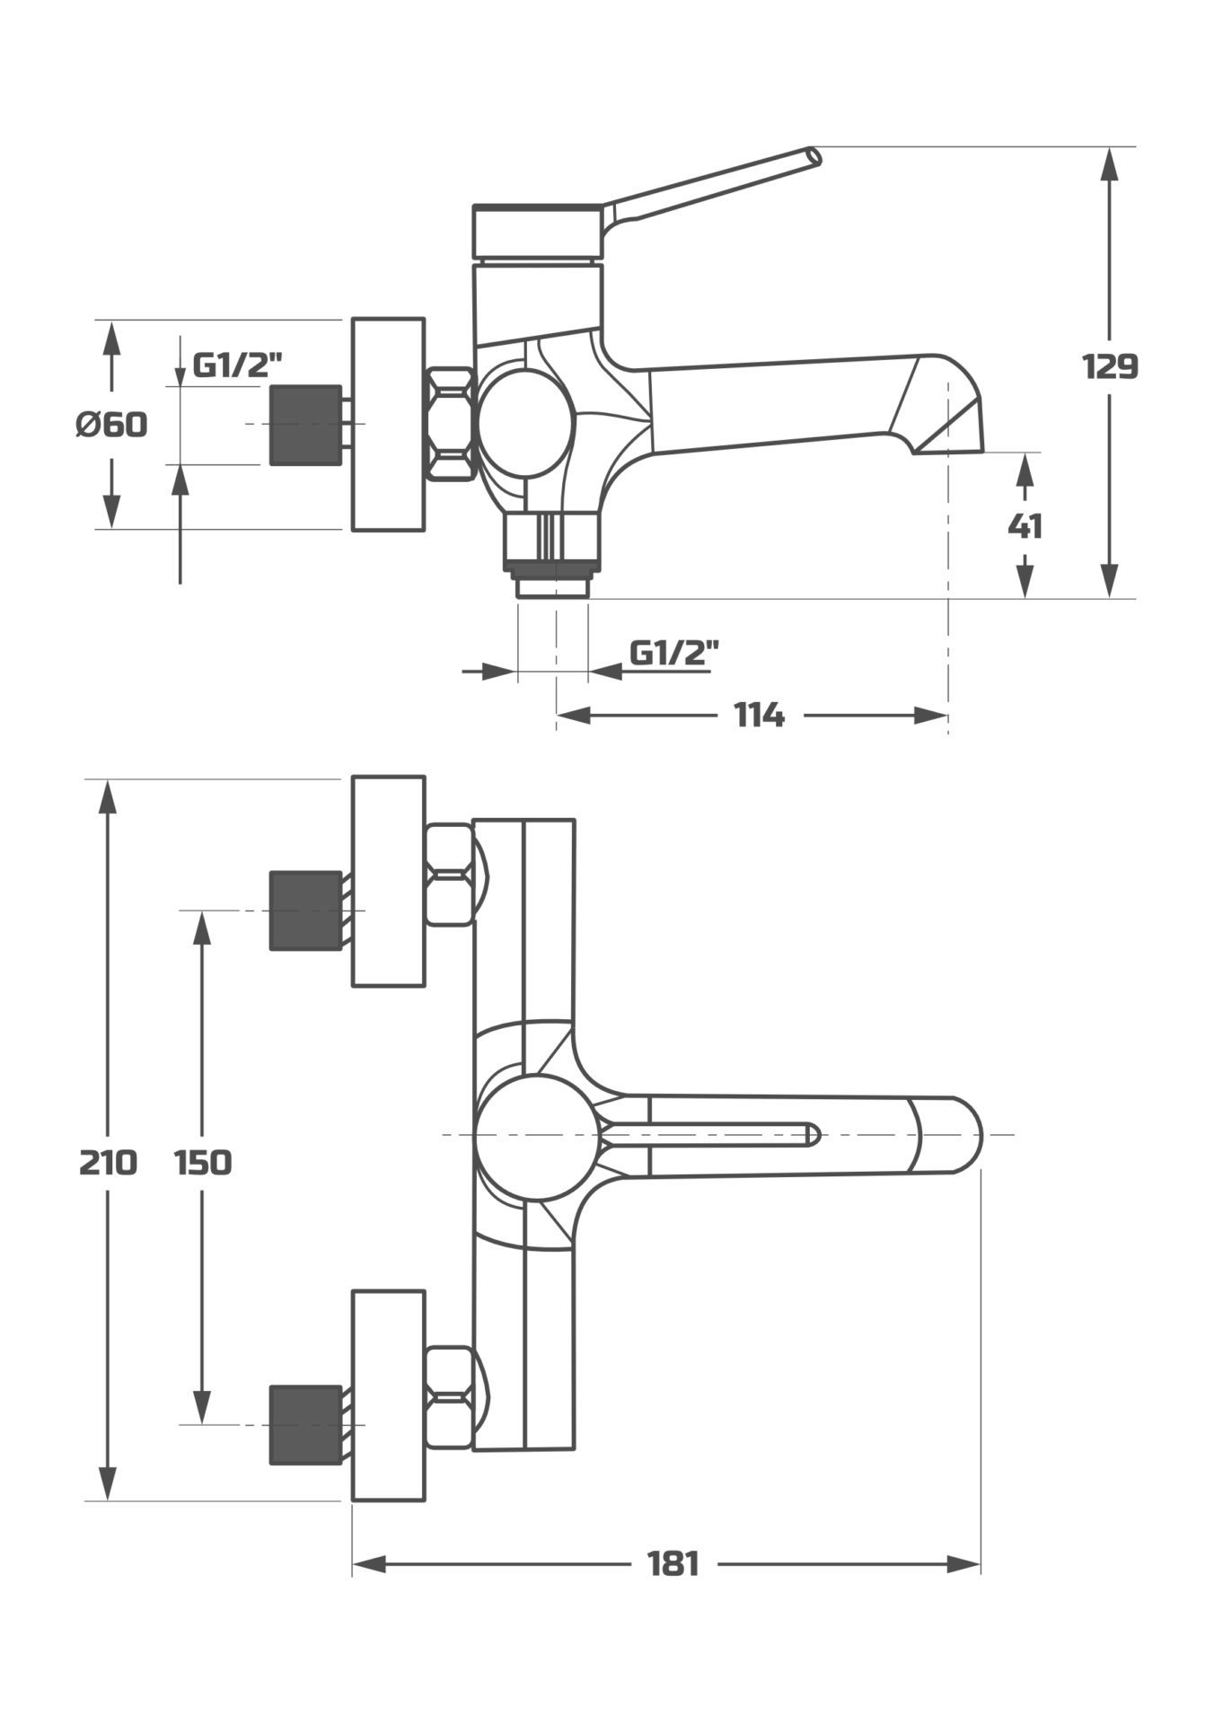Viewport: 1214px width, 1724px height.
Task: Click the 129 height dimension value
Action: coord(1110,366)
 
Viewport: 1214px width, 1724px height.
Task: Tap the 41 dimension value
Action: coord(1025,526)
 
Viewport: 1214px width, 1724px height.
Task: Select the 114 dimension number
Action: coord(760,716)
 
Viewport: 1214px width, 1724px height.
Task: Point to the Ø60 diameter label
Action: coord(111,424)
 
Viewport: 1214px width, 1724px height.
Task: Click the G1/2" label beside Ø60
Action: coord(238,365)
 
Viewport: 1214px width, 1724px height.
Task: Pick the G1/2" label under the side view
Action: coord(673,652)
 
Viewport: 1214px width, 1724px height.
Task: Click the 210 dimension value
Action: coord(108,1163)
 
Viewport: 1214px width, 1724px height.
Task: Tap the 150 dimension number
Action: coord(202,1163)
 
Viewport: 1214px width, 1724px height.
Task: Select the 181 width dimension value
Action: coord(673,1565)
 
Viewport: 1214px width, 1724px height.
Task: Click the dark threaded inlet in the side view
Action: coord(305,425)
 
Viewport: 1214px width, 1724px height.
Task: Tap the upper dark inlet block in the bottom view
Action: coord(305,910)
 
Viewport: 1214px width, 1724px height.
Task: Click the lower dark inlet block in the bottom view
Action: coord(305,1425)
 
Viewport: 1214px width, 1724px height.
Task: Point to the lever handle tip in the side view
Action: coord(813,156)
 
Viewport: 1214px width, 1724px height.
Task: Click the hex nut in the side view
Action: coord(450,424)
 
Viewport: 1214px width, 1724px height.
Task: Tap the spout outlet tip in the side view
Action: coord(952,440)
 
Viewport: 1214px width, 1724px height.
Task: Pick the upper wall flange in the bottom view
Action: coord(388,882)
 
